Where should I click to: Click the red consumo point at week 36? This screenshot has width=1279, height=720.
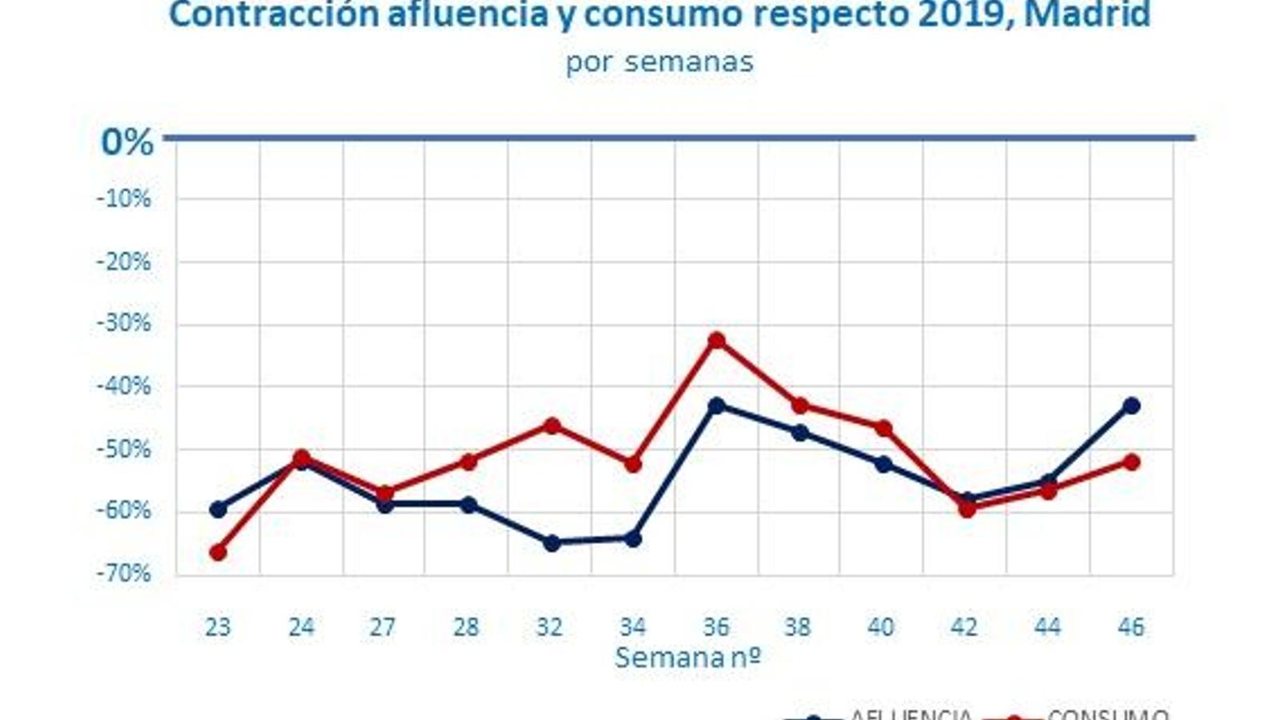(x=717, y=341)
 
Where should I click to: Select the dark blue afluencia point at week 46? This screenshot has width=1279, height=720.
(x=1131, y=406)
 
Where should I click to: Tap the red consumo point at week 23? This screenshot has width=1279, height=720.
(x=217, y=552)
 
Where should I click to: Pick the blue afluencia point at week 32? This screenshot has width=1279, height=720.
(x=552, y=543)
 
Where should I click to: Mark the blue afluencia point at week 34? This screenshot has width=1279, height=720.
(x=633, y=539)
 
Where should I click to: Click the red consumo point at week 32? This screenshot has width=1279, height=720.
(x=552, y=426)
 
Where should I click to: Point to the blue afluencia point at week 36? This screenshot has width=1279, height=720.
(x=717, y=406)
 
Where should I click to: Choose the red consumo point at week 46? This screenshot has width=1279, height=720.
(x=1131, y=462)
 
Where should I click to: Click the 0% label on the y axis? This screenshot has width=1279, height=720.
(x=127, y=142)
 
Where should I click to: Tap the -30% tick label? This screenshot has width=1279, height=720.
(x=124, y=324)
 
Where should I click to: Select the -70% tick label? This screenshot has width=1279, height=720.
(x=124, y=574)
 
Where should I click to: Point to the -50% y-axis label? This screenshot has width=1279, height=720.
(x=124, y=449)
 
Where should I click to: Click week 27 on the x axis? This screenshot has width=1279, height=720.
(x=383, y=626)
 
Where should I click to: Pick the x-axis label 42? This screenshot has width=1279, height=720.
(x=964, y=626)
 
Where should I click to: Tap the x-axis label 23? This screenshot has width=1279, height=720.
(x=217, y=626)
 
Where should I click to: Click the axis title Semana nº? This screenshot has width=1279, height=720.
(x=687, y=658)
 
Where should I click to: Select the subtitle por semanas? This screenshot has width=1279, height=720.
(x=659, y=62)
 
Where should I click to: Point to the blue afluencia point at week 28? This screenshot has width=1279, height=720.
(x=468, y=505)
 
